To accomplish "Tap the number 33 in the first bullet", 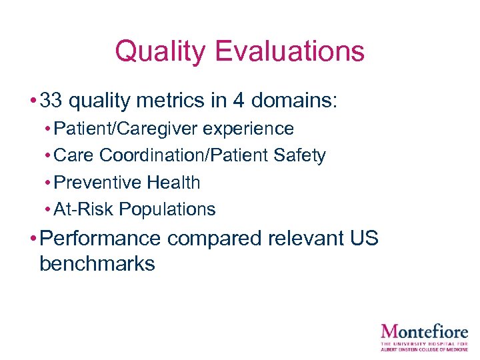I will click(51, 101).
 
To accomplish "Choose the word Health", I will click(173, 182).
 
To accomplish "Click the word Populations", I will click(167, 209).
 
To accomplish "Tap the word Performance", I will click(100, 239).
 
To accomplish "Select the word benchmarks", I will click(97, 263).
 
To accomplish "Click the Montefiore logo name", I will click(424, 331).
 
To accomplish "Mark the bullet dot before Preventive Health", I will click(48, 183).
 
